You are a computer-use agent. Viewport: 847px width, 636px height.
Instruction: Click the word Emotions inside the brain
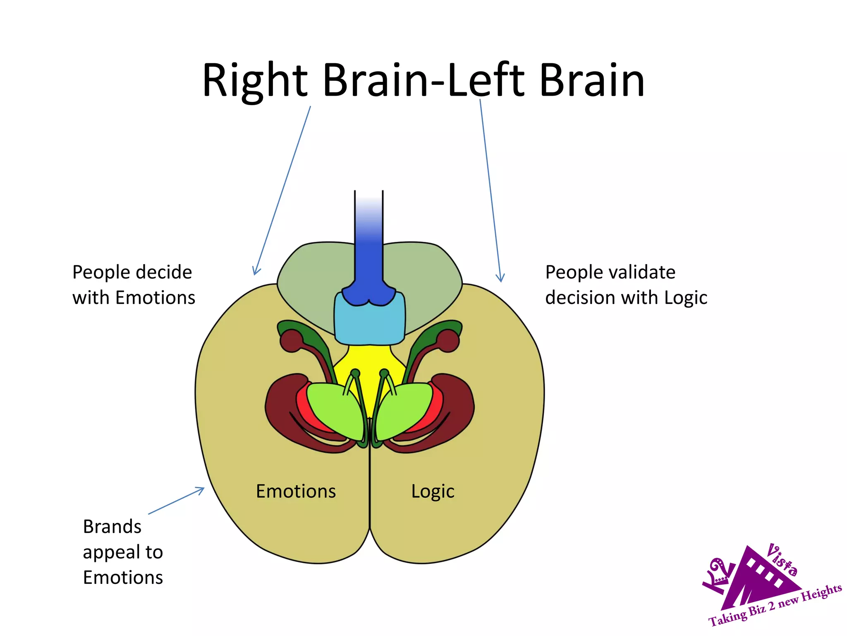pyautogui.click(x=296, y=491)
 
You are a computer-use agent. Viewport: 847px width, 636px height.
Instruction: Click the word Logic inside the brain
pyautogui.click(x=433, y=491)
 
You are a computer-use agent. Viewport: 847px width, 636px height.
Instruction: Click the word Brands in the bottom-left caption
pyautogui.click(x=112, y=527)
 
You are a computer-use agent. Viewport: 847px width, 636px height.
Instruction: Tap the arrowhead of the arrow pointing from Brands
pyautogui.click(x=201, y=489)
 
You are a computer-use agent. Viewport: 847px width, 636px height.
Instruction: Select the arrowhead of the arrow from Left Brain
pyautogui.click(x=501, y=279)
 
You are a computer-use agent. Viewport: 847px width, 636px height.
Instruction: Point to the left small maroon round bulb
pyautogui.click(x=292, y=341)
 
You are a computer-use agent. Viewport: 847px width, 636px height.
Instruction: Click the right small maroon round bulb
pyautogui.click(x=448, y=341)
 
